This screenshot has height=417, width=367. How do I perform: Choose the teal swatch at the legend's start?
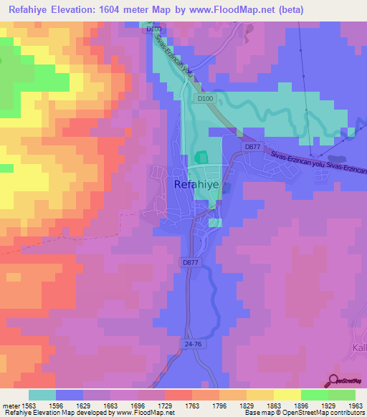[x=42, y=395]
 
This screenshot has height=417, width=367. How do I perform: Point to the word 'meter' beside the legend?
[x=9, y=405]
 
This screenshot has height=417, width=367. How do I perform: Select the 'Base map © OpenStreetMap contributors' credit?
[x=302, y=413]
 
